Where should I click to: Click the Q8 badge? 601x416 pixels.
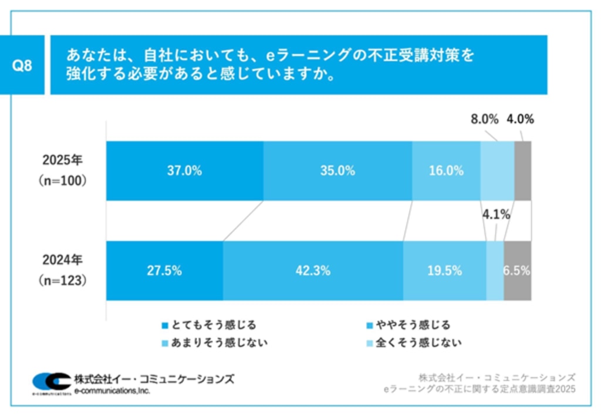[x=22, y=65]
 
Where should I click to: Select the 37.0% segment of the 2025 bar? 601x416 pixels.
[x=184, y=171]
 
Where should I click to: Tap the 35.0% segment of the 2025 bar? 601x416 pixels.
[x=337, y=171]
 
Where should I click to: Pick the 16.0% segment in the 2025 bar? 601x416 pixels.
[x=446, y=171]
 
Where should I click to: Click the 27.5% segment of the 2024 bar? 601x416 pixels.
[x=164, y=271]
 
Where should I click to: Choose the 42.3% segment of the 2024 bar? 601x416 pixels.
[x=313, y=271]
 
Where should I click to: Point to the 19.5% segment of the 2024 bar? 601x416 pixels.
[x=444, y=271]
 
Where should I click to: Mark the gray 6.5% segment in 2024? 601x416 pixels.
[x=517, y=271]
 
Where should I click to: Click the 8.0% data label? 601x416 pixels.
[x=484, y=120]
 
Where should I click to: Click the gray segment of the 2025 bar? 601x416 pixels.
[x=522, y=171]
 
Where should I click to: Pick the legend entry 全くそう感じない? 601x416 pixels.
[x=414, y=342]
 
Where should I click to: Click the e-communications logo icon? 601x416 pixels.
[x=51, y=383]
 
